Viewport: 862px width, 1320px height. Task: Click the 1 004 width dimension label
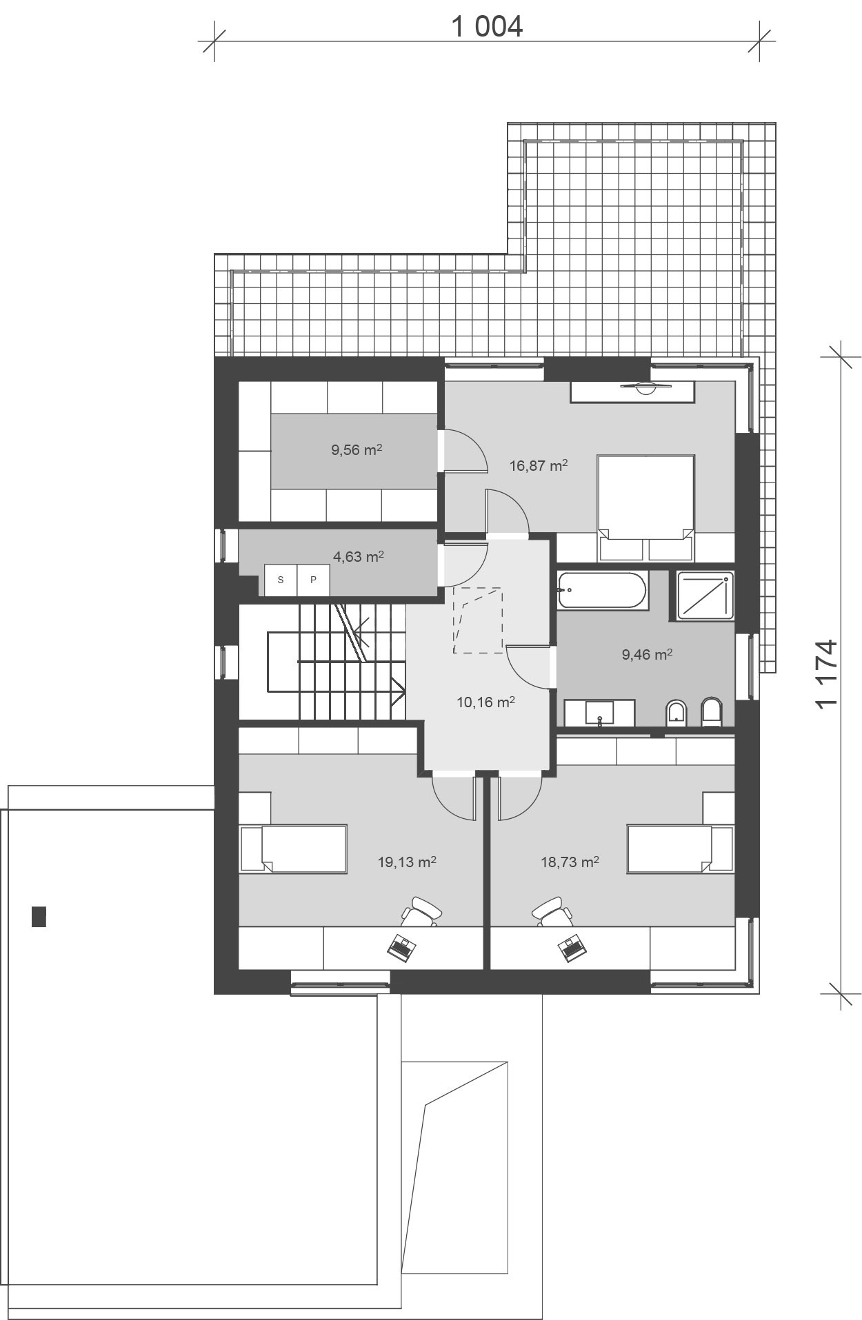(487, 27)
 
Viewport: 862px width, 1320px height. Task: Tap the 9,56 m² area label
(357, 450)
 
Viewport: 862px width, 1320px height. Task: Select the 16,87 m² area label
(539, 465)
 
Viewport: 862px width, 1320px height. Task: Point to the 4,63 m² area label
(359, 556)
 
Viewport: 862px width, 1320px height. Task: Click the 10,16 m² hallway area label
(486, 702)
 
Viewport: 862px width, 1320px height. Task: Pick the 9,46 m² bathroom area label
(647, 654)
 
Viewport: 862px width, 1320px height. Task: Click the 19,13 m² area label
(407, 862)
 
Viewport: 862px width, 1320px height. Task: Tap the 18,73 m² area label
(570, 862)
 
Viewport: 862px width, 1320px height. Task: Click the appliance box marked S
(281, 580)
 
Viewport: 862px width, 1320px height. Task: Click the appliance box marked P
(313, 580)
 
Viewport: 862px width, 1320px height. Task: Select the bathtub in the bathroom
(601, 590)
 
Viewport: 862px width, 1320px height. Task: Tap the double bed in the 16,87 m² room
(645, 498)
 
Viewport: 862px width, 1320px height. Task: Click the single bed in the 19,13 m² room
(294, 849)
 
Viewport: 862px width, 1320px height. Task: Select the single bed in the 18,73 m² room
(679, 849)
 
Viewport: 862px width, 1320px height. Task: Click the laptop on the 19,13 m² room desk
(401, 948)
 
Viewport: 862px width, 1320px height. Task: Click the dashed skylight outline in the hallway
(477, 620)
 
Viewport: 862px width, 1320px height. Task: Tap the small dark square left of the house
(39, 916)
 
